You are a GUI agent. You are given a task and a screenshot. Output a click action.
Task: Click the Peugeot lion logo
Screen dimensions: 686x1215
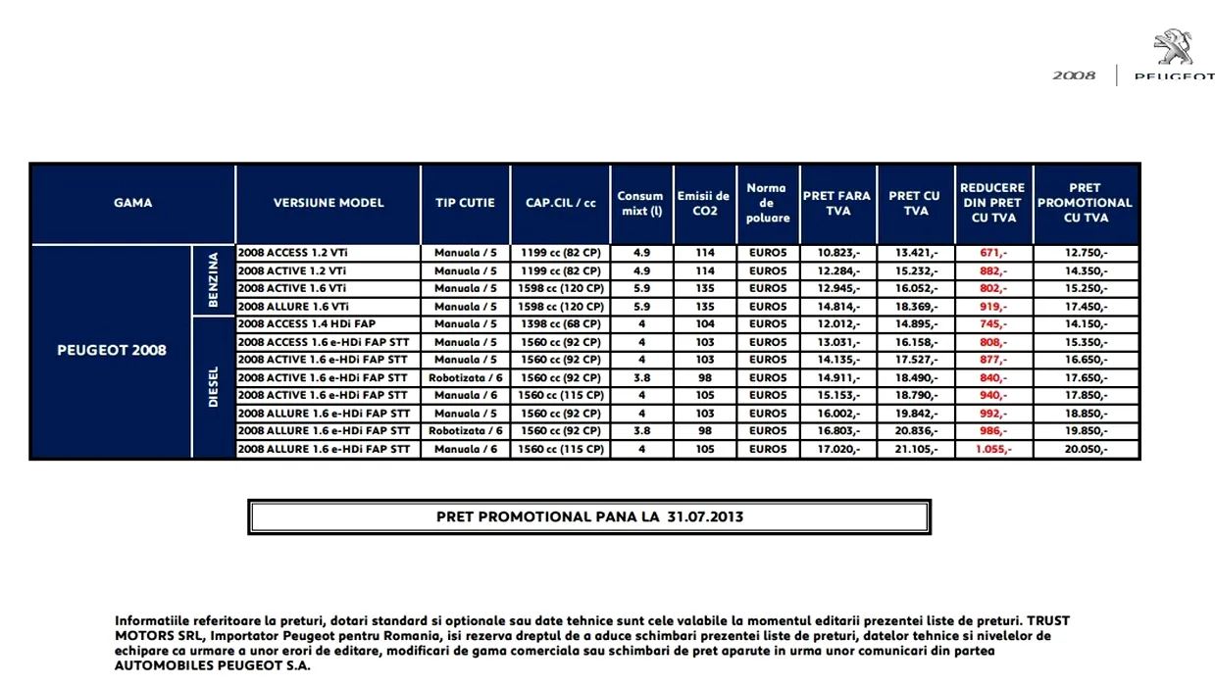click(1173, 47)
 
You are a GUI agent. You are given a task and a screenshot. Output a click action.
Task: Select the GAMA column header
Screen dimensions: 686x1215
click(133, 203)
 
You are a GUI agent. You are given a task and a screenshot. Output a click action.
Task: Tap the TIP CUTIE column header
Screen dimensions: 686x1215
click(465, 203)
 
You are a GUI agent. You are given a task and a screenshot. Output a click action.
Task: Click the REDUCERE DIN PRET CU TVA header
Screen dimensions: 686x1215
click(992, 203)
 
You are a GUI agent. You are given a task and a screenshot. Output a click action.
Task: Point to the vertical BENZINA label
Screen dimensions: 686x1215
click(214, 280)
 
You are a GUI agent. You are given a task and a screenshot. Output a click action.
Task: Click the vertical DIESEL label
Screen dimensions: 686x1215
click(214, 387)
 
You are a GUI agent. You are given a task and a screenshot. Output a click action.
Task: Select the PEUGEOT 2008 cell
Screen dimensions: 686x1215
click(112, 351)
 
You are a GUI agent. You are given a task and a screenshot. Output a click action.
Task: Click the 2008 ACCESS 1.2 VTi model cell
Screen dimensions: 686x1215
click(292, 253)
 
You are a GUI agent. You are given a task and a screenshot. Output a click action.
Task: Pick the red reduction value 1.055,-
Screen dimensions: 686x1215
click(992, 449)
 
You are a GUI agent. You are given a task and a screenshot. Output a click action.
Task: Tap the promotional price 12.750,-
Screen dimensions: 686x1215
click(1085, 253)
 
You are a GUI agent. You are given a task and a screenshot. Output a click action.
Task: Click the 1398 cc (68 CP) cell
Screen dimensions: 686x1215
click(562, 324)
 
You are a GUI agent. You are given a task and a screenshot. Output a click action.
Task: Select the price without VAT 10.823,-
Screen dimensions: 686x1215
click(836, 253)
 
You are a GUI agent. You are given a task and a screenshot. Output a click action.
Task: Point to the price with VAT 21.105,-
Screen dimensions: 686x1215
click(915, 449)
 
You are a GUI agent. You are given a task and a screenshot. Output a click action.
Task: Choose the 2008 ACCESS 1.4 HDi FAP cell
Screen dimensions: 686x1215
click(307, 324)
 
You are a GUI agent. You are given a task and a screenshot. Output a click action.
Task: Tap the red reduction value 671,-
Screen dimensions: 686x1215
click(992, 253)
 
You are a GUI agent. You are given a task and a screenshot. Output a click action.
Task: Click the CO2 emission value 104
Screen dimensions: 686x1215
click(704, 324)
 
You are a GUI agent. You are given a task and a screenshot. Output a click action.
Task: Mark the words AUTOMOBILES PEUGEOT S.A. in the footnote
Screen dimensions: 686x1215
click(213, 665)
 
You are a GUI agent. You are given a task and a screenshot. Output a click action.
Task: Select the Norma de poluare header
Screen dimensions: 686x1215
click(767, 203)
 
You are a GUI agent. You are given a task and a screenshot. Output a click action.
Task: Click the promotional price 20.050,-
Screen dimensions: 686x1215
click(1085, 449)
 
